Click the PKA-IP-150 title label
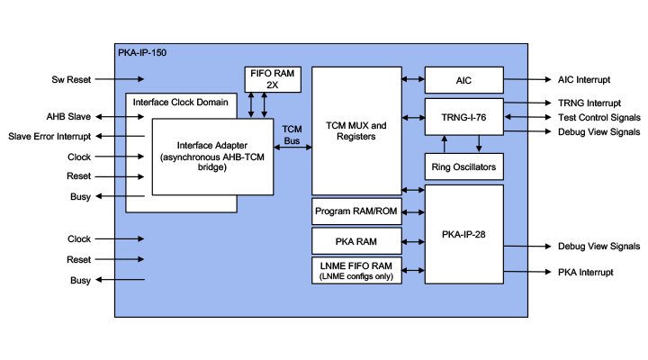pyautogui.click(x=142, y=53)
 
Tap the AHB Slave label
pyautogui.click(x=68, y=117)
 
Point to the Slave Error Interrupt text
pyautogui.click(x=49, y=136)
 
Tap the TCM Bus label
pyautogui.click(x=292, y=135)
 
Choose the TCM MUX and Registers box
pyautogui.click(x=355, y=130)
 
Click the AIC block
pyautogui.click(x=463, y=80)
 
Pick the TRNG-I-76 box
pyautogui.click(x=463, y=116)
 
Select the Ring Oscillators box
pyautogui.click(x=463, y=166)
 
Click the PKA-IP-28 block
pyautogui.click(x=463, y=234)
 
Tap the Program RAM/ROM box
pyautogui.click(x=355, y=211)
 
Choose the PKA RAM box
pyautogui.click(x=355, y=241)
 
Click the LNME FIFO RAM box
pyautogui.click(x=355, y=270)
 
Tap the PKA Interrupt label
pyautogui.click(x=586, y=272)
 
